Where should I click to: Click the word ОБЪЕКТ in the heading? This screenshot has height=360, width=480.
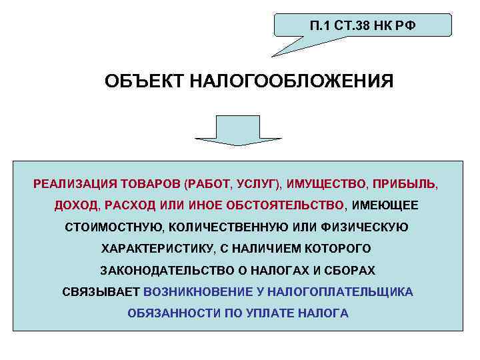144,82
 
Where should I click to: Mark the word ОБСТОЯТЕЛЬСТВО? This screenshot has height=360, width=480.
292,205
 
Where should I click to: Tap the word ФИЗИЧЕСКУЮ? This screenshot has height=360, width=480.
368,227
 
